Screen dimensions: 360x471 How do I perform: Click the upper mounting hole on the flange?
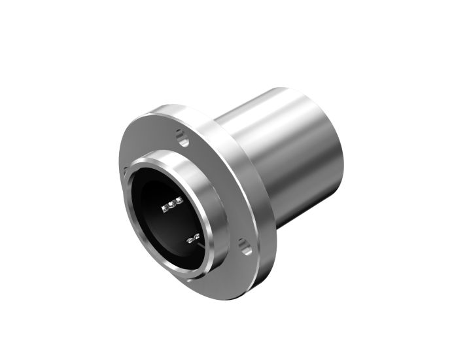coord(182,137)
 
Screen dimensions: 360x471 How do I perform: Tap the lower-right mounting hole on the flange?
coord(245,247)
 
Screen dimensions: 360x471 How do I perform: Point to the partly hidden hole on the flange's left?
coord(126,171)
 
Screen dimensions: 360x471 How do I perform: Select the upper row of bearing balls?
coord(171,204)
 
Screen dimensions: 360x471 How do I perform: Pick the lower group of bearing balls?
coord(193,240)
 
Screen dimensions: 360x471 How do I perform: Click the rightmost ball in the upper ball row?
coord(179,200)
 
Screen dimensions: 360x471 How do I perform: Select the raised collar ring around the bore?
coord(216,196)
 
